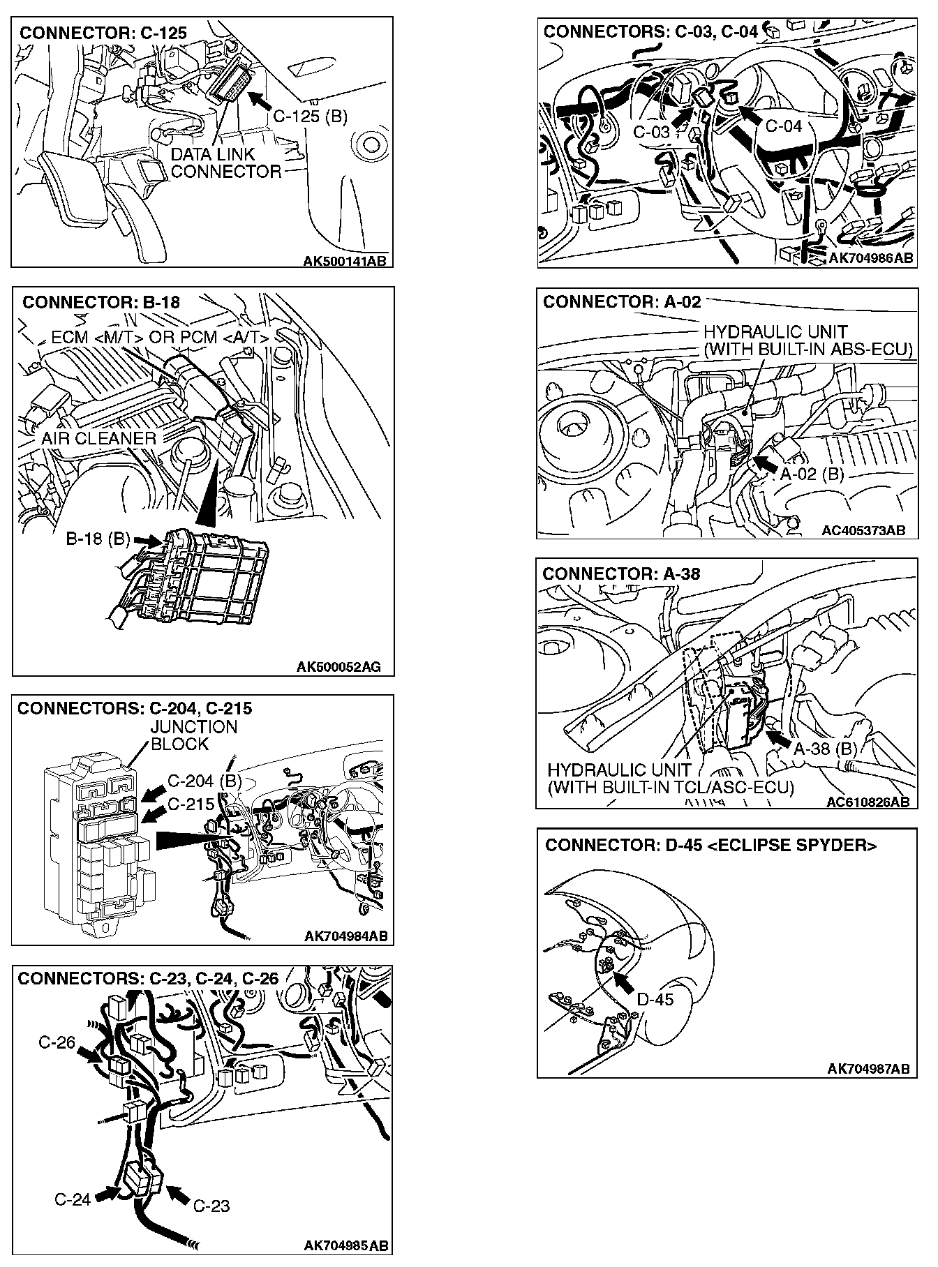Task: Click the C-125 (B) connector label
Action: pos(310,117)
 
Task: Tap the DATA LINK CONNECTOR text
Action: pos(225,163)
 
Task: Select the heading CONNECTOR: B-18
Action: pos(101,302)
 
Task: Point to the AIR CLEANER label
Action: pos(98,438)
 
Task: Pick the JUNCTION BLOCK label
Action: pos(194,735)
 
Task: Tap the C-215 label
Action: pos(191,804)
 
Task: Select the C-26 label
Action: pos(57,1043)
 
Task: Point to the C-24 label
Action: pos(73,1200)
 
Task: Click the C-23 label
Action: pos(211,1206)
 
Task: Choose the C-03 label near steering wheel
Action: pos(651,132)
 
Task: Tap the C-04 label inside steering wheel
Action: pos(784,126)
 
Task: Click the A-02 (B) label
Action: pos(812,474)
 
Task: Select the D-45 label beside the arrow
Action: pos(655,1000)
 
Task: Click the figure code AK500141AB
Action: pos(345,261)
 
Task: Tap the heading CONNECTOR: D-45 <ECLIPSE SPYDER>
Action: pos(710,845)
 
